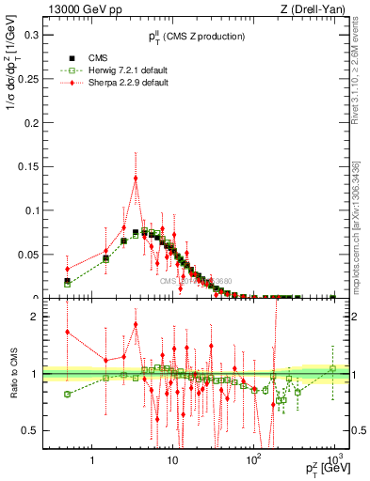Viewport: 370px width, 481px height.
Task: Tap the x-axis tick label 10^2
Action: pyautogui.click(x=252, y=460)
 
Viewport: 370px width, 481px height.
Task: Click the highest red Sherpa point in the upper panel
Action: pyautogui.click(x=136, y=178)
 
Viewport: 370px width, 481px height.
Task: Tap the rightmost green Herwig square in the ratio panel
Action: pyautogui.click(x=333, y=367)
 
